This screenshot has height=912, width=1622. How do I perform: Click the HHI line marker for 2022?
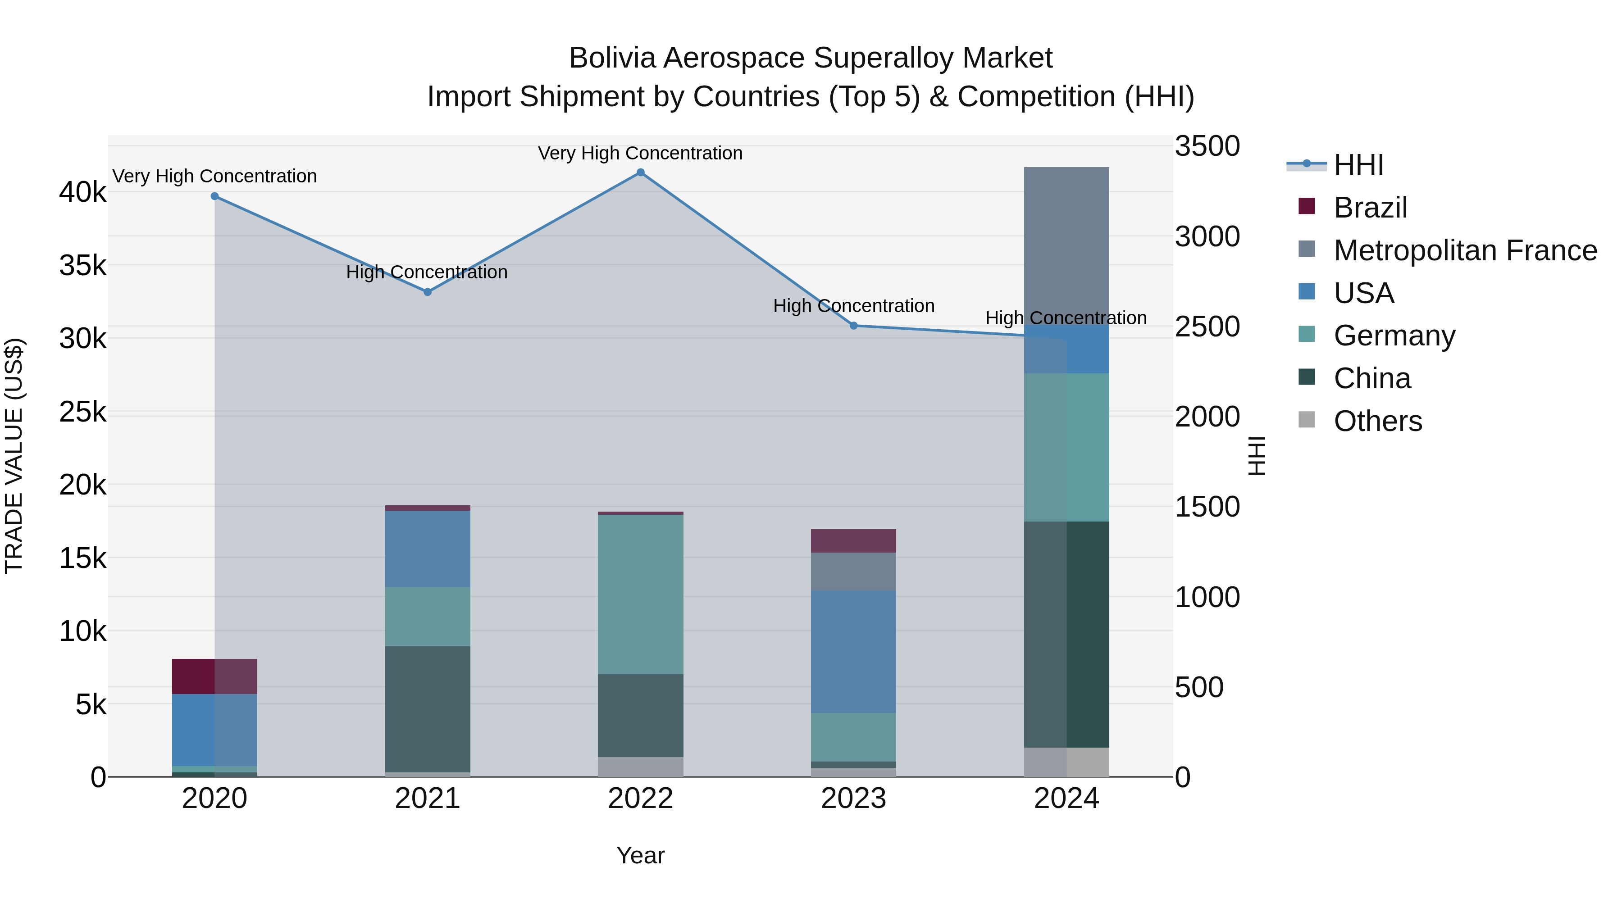(x=640, y=172)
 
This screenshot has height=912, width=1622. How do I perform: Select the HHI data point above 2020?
(x=215, y=196)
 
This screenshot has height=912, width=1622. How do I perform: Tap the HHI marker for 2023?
(x=854, y=326)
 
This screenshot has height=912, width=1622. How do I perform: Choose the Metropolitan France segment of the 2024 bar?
(x=1066, y=245)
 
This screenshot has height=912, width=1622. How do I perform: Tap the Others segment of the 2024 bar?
(x=1066, y=762)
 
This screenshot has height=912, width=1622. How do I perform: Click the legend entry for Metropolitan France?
(x=1465, y=250)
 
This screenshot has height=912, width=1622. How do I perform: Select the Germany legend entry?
(x=1394, y=336)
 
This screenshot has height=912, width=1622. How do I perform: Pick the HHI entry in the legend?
(x=1358, y=165)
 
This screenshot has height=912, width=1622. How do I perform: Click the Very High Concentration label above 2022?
(x=640, y=154)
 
